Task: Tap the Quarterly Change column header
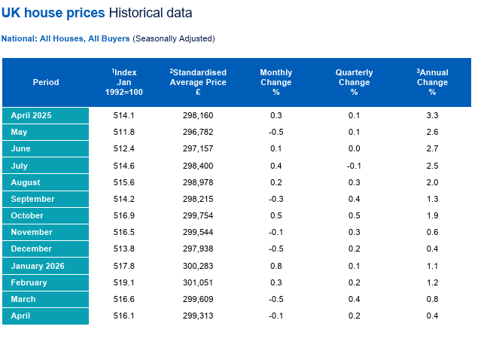tap(354, 82)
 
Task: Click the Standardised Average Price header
tap(198, 82)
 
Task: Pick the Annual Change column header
tap(432, 82)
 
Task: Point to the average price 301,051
tap(198, 282)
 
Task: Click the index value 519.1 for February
tap(123, 282)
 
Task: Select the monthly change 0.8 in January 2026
tap(276, 266)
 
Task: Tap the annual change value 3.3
tap(432, 115)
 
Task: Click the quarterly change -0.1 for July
tap(354, 166)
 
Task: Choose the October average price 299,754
tap(198, 215)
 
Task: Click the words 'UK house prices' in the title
tap(53, 13)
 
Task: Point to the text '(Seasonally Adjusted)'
tap(174, 38)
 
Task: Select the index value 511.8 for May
tap(123, 132)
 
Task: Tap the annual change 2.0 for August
tap(432, 182)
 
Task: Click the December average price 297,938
tap(198, 249)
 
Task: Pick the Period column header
tap(46, 82)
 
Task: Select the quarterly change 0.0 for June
tap(354, 148)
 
